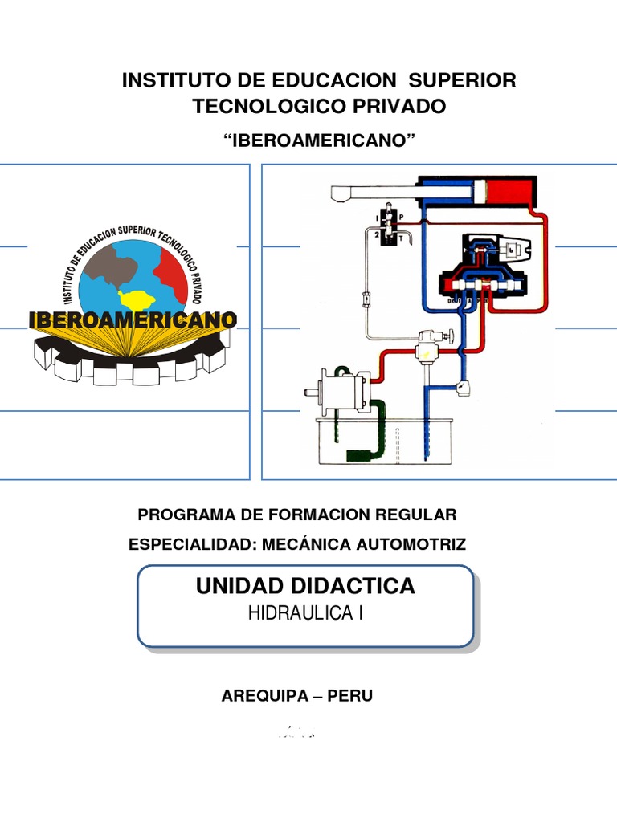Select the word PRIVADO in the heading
tap(401, 106)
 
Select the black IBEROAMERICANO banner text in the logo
tap(133, 319)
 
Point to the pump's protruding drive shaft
tap(312, 392)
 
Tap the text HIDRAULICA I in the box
tap(305, 614)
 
